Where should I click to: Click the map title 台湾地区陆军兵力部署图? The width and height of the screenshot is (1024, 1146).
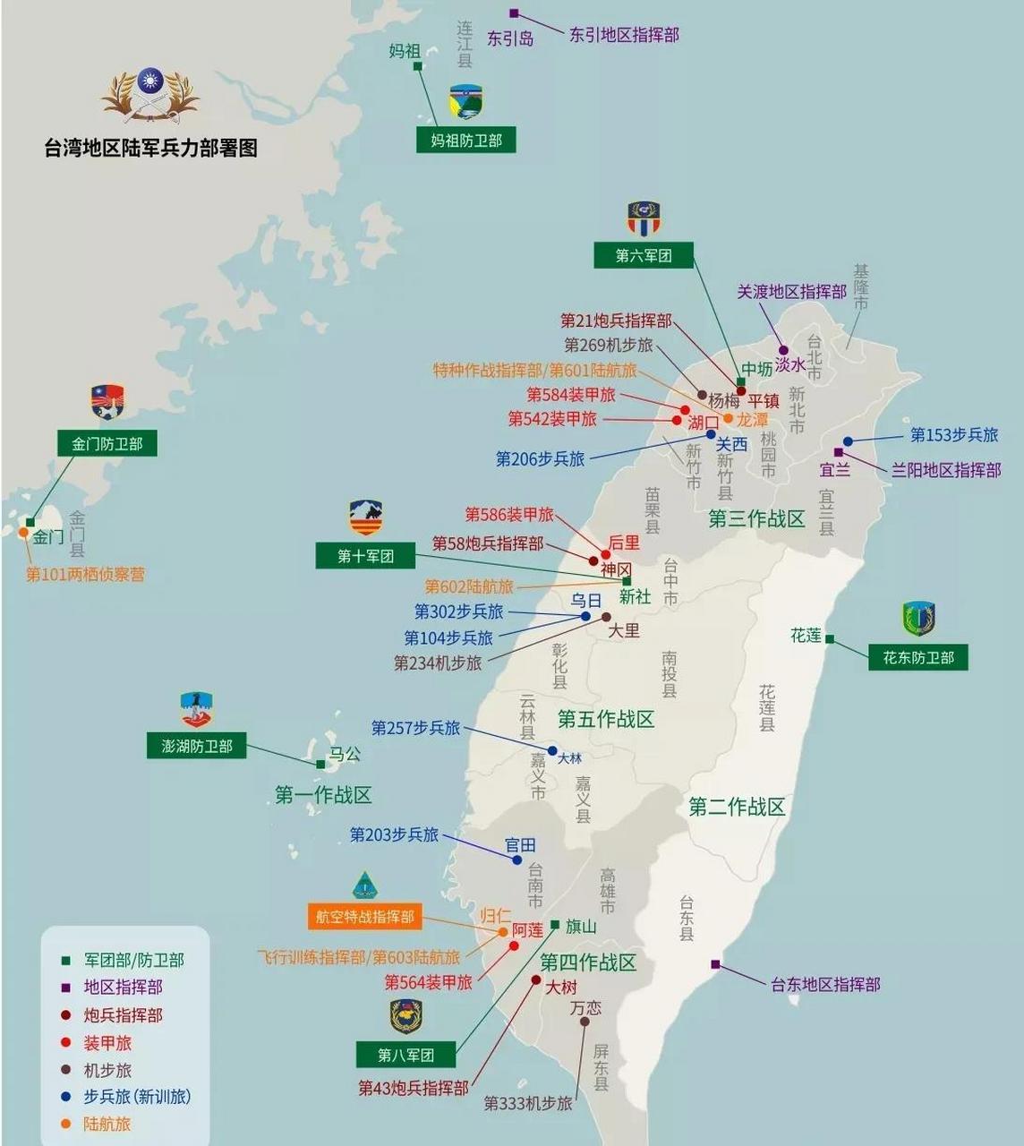click(150, 148)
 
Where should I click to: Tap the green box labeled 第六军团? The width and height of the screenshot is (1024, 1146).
click(644, 256)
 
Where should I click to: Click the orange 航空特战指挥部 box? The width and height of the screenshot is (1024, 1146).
click(364, 917)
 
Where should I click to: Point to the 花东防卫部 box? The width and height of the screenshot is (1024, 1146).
click(918, 658)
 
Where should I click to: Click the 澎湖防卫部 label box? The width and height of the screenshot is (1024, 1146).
click(197, 746)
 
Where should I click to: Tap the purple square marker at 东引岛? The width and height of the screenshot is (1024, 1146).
click(514, 13)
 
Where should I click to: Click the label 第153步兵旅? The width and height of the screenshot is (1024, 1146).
click(953, 435)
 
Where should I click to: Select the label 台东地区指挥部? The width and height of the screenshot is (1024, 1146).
click(825, 985)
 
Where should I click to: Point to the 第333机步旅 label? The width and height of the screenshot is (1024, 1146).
click(528, 1104)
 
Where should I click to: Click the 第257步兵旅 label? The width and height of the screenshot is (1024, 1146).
click(415, 728)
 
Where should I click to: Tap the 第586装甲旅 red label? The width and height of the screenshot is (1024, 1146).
click(509, 515)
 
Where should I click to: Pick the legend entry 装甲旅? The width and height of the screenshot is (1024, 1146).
click(107, 1043)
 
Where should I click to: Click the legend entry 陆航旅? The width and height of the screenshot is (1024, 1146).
click(107, 1125)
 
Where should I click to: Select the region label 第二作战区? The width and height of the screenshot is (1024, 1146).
click(737, 808)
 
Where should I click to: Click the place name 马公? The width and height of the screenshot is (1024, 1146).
click(345, 755)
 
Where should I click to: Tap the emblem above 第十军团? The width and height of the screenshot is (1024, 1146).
click(366, 518)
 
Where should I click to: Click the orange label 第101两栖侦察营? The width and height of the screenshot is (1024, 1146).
click(85, 575)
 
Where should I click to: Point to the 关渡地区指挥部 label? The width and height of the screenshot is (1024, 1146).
click(791, 292)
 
